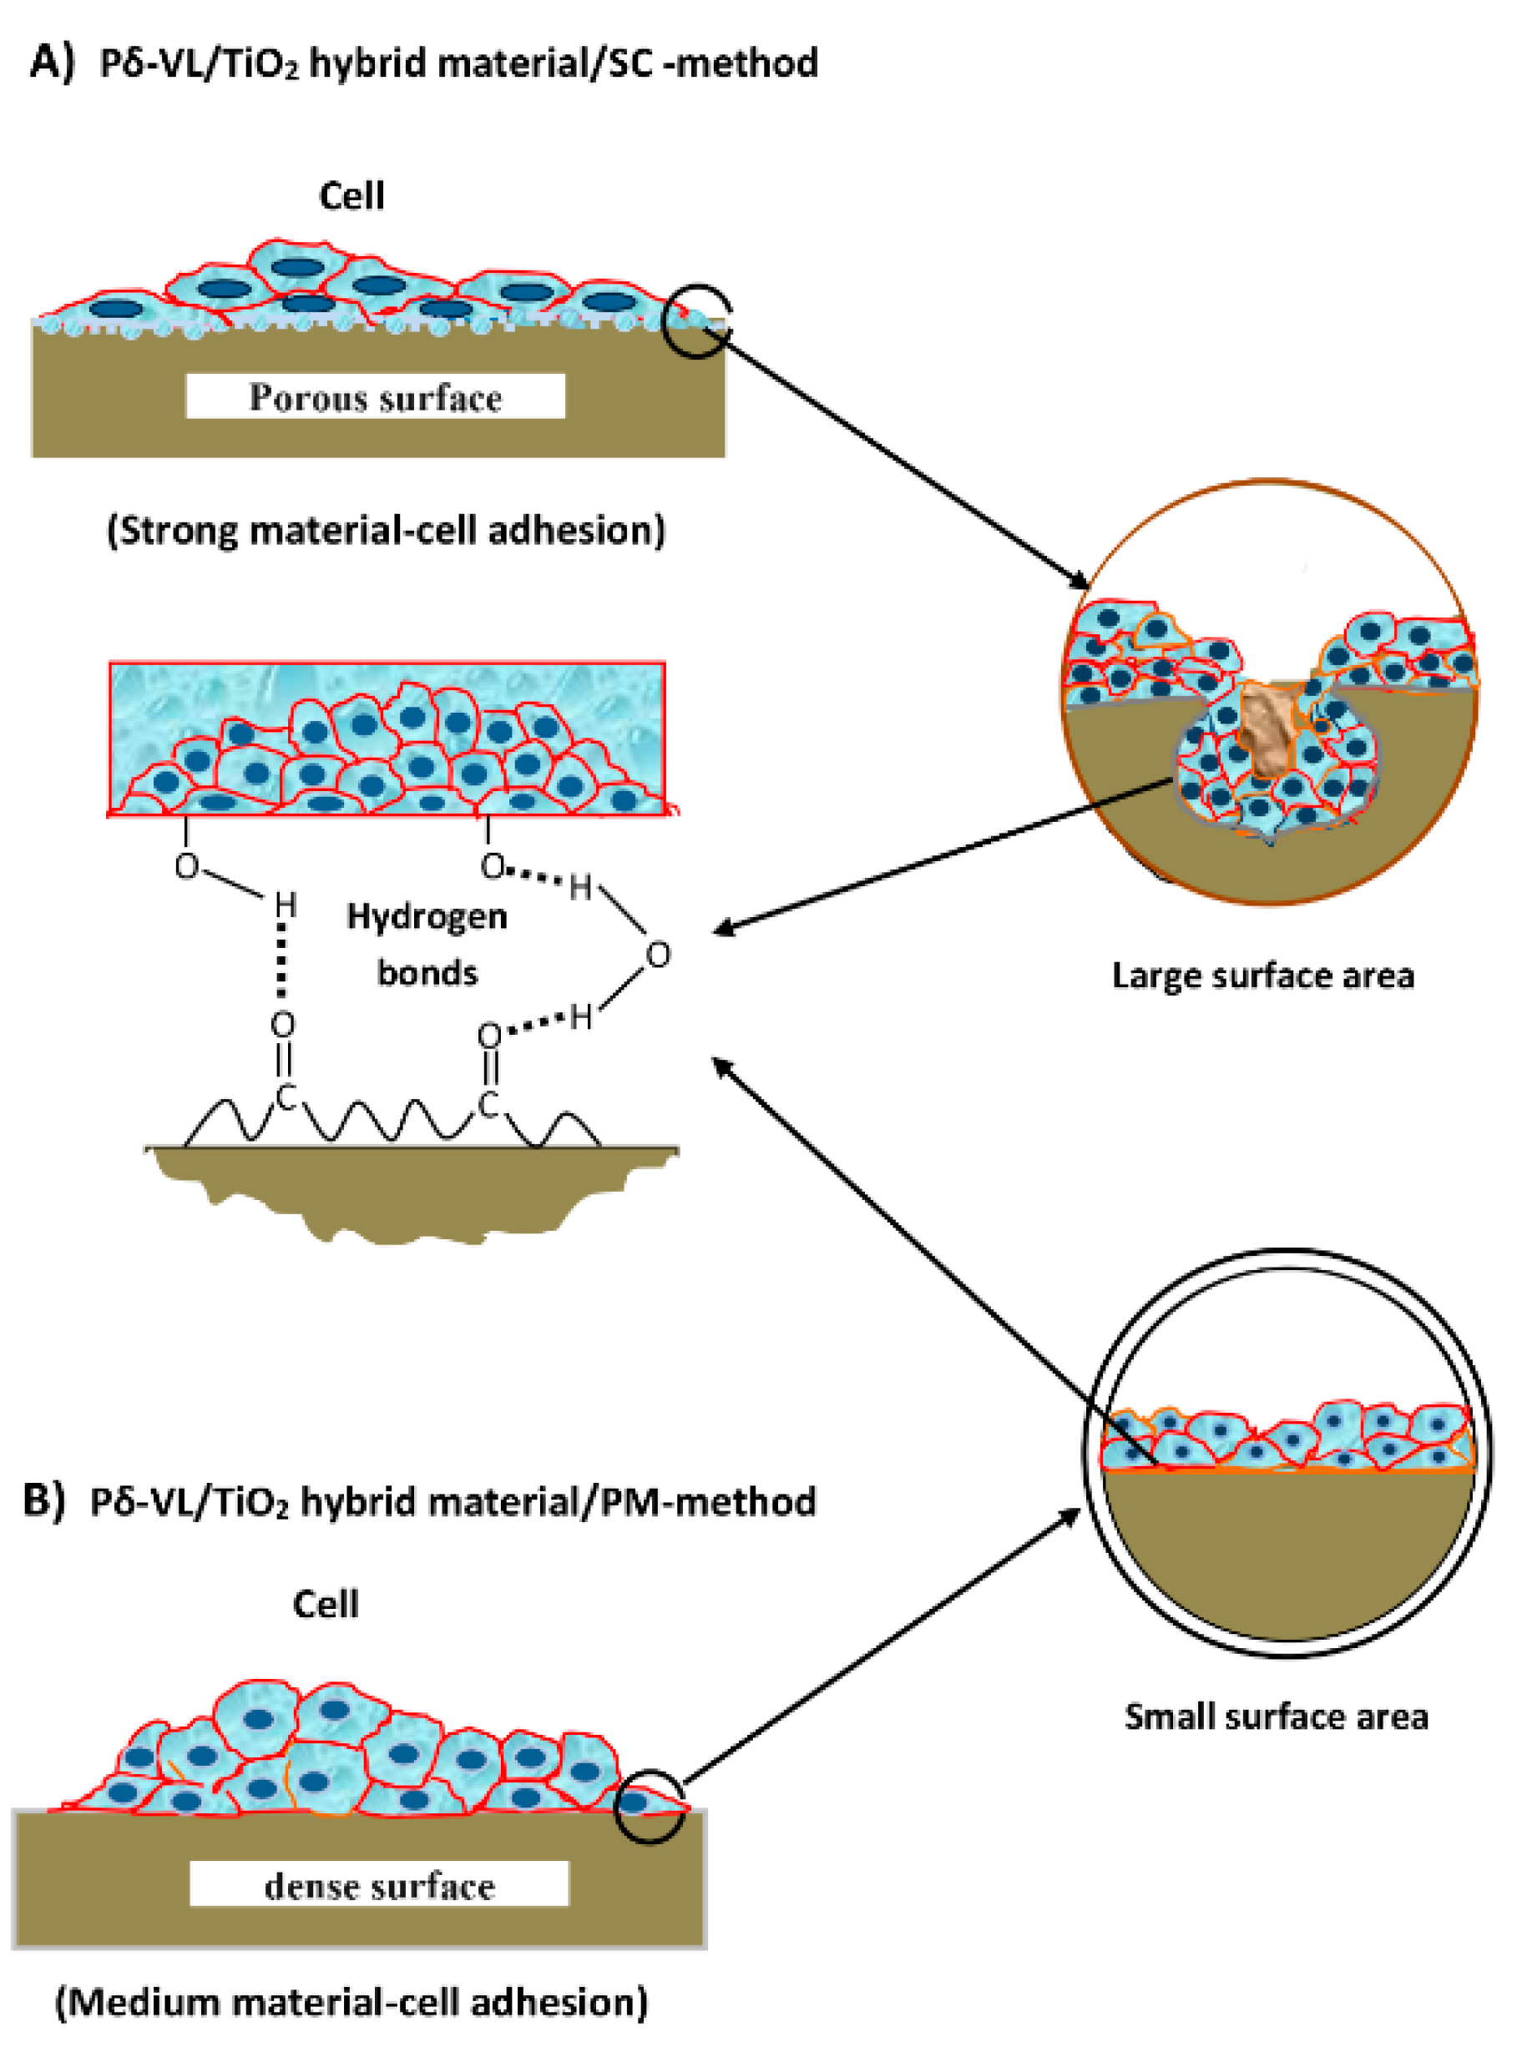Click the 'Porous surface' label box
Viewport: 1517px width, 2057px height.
375,396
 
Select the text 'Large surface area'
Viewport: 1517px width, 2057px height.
1262,975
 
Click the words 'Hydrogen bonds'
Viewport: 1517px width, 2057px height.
427,944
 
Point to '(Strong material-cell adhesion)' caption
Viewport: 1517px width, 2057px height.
386,531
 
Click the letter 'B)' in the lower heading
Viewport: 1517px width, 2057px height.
43,1500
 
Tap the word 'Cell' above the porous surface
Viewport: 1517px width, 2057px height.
351,195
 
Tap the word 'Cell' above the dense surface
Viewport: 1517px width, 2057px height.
325,1604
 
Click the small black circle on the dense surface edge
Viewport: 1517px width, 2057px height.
649,1806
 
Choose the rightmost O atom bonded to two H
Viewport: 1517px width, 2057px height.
658,955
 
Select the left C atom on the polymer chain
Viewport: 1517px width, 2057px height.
286,1096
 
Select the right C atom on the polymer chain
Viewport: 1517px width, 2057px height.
488,1105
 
